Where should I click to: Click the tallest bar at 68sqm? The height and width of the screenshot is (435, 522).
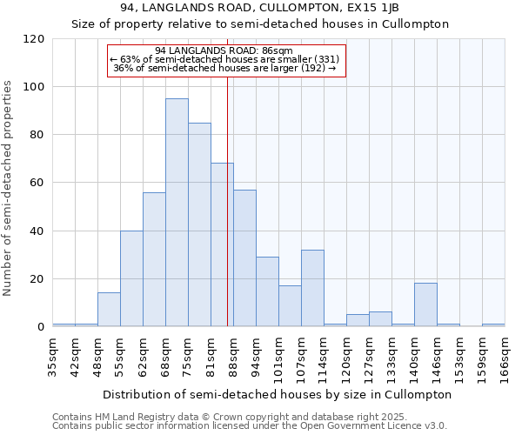pyautogui.click(x=177, y=213)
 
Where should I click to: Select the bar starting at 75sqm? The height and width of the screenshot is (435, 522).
pyautogui.click(x=199, y=225)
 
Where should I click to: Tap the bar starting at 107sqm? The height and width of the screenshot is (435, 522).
pyautogui.click(x=312, y=288)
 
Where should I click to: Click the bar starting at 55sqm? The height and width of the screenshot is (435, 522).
pyautogui.click(x=131, y=278)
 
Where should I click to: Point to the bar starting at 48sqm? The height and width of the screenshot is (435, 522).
pyautogui.click(x=109, y=310)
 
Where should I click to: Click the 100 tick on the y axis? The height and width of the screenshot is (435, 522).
pyautogui.click(x=35, y=87)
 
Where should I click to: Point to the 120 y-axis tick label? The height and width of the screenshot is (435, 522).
pyautogui.click(x=35, y=39)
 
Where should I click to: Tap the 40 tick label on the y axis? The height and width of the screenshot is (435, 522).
pyautogui.click(x=38, y=231)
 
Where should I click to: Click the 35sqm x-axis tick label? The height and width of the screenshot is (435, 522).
pyautogui.click(x=53, y=356)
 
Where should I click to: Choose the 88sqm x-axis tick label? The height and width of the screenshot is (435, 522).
pyautogui.click(x=234, y=356)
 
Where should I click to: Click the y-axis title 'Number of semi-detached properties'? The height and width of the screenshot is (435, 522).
pyautogui.click(x=9, y=188)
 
